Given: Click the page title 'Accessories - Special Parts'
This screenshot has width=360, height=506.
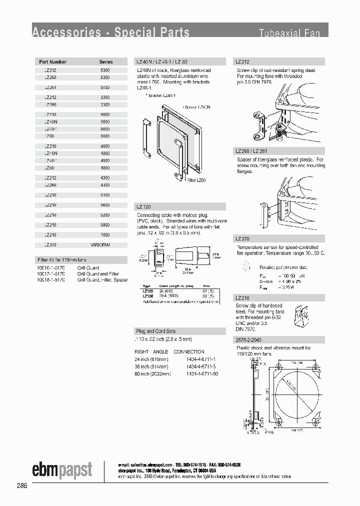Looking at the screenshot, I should (110, 33).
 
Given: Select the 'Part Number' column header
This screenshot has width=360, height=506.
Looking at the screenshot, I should (53, 62).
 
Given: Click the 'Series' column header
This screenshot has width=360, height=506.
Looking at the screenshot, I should (106, 62).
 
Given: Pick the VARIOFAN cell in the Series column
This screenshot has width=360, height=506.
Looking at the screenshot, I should (100, 245).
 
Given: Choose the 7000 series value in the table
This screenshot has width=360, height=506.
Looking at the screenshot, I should (105, 235).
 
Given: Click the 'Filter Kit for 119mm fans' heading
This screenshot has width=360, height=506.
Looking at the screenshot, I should (61, 260).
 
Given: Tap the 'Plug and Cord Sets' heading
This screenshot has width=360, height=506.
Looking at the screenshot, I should (155, 331).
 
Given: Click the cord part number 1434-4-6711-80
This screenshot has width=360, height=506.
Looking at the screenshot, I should (202, 373).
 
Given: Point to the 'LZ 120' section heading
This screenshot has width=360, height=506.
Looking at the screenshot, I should (143, 206).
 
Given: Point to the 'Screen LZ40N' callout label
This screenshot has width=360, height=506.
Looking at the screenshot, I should (197, 107).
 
